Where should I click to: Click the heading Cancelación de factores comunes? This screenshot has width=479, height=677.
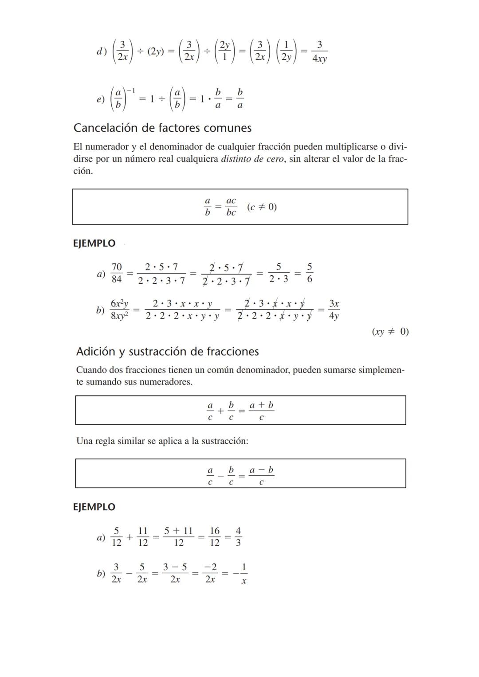tap(162, 128)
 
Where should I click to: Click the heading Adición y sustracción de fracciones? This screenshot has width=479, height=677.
tap(167, 352)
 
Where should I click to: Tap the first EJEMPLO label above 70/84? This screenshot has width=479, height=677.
tap(94, 243)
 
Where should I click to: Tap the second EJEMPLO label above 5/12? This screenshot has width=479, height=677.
tap(94, 507)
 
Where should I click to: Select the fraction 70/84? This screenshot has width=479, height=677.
tap(117, 273)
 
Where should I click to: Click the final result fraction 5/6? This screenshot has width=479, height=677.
tap(310, 273)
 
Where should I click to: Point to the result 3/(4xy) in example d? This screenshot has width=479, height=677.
tap(319, 51)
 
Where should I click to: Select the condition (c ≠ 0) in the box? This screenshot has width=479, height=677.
tap(262, 207)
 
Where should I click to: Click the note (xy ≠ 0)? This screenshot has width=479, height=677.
tap(390, 332)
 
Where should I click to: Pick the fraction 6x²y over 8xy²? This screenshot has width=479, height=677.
tap(119, 309)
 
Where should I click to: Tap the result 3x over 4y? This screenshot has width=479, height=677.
tap(334, 309)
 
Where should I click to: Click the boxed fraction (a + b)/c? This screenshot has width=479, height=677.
tap(261, 411)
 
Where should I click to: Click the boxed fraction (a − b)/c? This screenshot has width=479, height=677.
tap(261, 476)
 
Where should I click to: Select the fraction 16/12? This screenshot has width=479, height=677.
tap(215, 536)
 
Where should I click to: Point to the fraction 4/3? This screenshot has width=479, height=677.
tap(238, 536)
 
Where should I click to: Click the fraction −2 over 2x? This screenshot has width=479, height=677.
tap(210, 573)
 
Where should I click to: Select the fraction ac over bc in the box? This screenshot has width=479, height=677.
tap(231, 207)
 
